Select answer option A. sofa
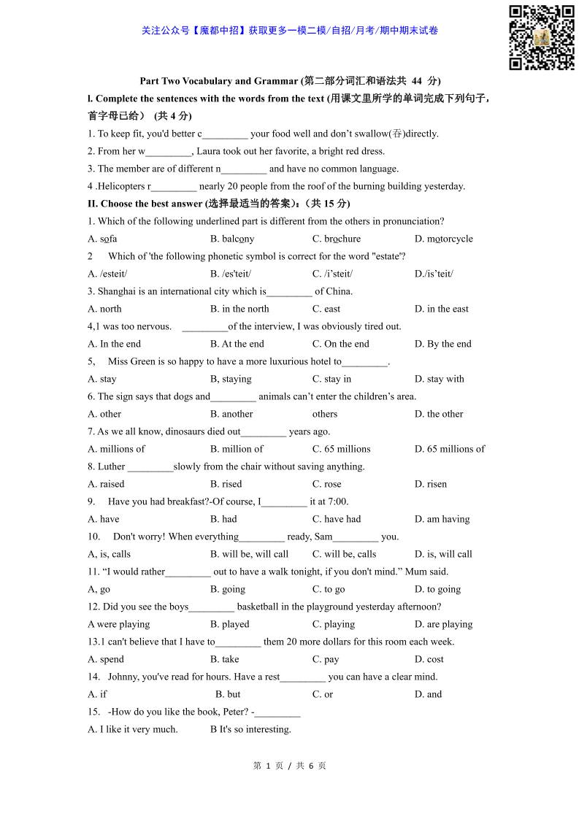pos(102,239)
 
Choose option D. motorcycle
pos(443,239)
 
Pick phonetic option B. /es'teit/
pos(231,274)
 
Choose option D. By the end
pos(442,344)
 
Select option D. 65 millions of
pos(449,449)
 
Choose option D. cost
pos(429,659)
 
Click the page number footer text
pos(289,766)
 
